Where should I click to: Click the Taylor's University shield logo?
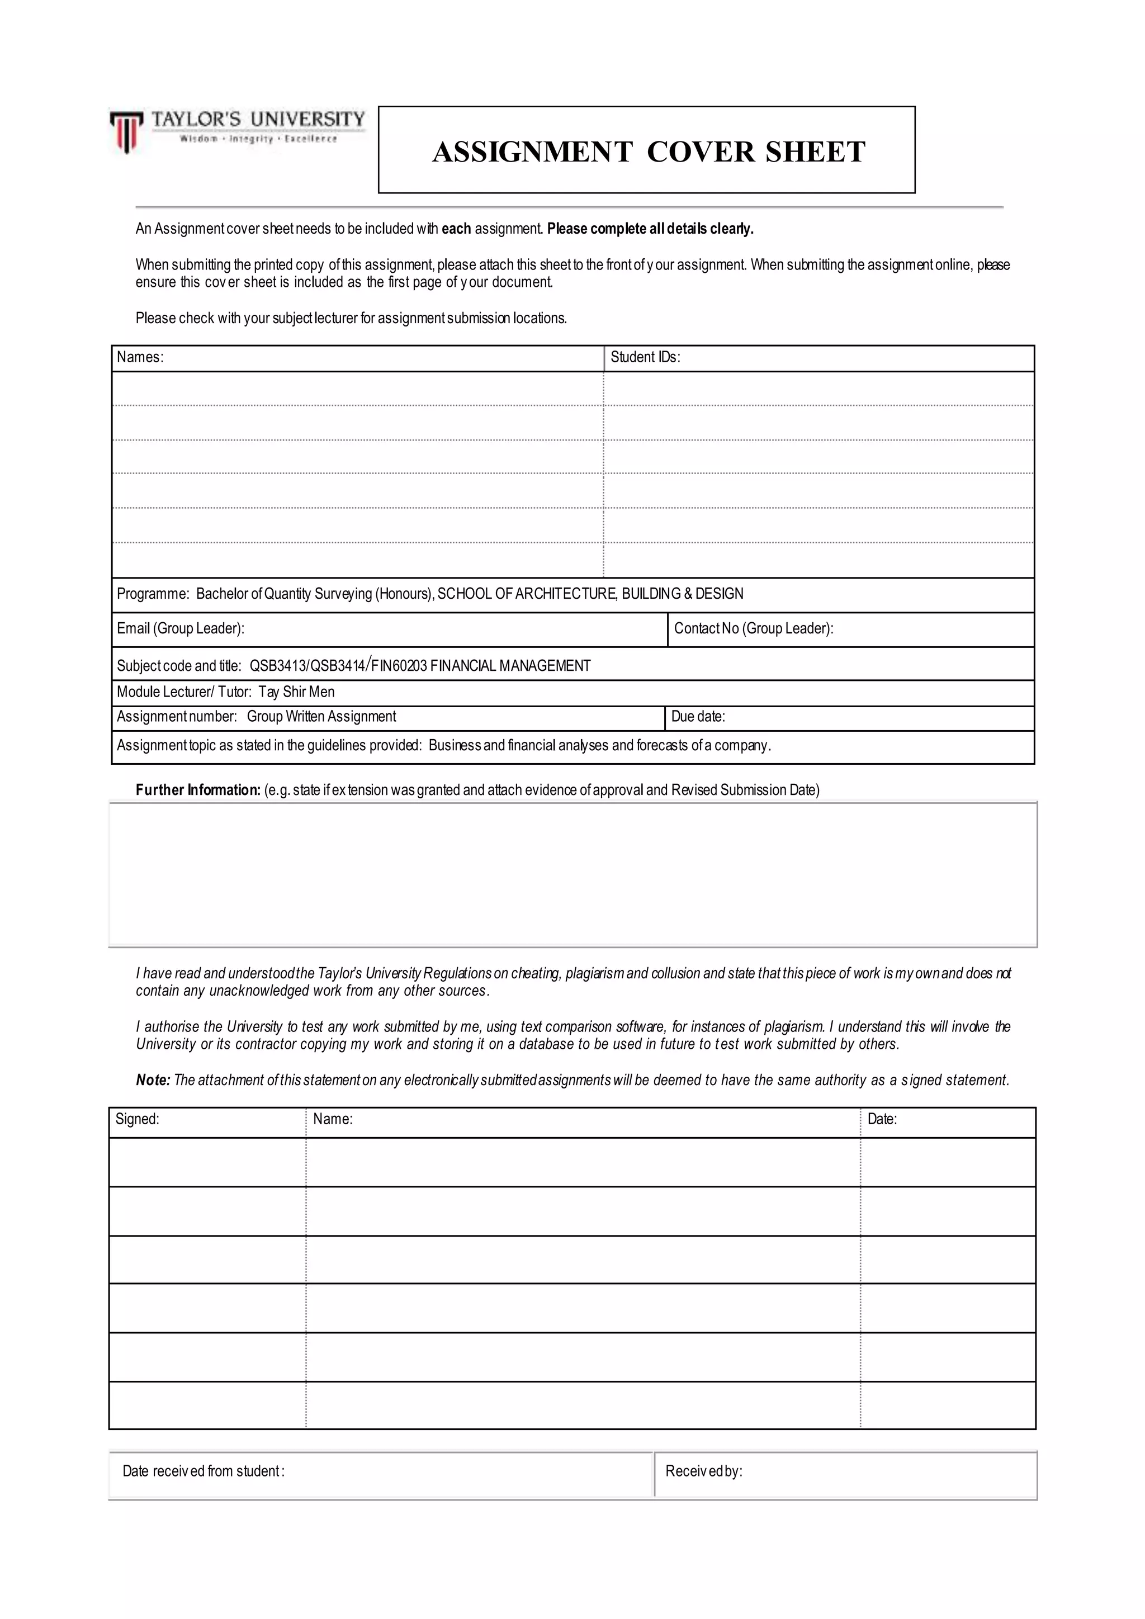(126, 132)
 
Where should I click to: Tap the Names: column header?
(140, 357)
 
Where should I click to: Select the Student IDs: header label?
(645, 357)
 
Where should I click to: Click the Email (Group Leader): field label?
(181, 628)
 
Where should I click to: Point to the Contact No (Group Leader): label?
(753, 628)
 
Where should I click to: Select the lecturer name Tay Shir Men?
(296, 692)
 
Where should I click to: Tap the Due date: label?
(697, 717)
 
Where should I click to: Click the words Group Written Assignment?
(321, 717)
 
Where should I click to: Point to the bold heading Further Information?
(198, 790)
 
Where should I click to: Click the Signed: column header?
(138, 1119)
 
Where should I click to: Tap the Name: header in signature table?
(333, 1119)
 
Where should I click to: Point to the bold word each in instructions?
(456, 229)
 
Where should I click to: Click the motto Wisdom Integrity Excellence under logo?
(258, 139)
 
